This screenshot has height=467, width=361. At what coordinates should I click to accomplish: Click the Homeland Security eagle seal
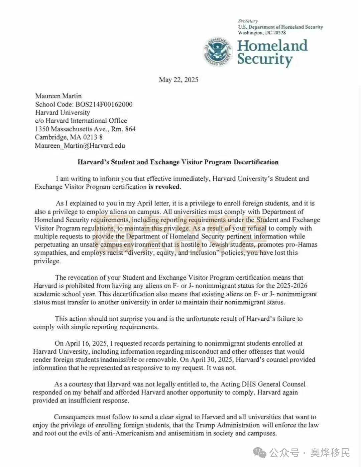(x=218, y=51)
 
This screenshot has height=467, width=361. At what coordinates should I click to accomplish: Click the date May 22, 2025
(x=178, y=80)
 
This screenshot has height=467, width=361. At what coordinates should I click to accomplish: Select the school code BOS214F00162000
(x=104, y=104)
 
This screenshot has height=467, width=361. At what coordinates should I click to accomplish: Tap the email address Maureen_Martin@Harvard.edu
(x=80, y=146)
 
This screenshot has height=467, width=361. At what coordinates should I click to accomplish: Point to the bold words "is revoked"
(x=164, y=187)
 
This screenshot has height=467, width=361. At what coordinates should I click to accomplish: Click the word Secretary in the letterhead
(x=248, y=21)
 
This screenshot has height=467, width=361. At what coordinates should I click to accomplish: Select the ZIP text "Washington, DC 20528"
(x=262, y=33)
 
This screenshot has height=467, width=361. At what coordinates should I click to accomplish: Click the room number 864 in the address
(x=130, y=129)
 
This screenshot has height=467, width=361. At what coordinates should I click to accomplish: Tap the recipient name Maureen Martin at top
(x=58, y=96)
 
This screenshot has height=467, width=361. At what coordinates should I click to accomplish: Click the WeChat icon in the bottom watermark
(x=259, y=453)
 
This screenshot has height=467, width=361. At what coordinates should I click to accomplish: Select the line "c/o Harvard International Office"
(x=81, y=121)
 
